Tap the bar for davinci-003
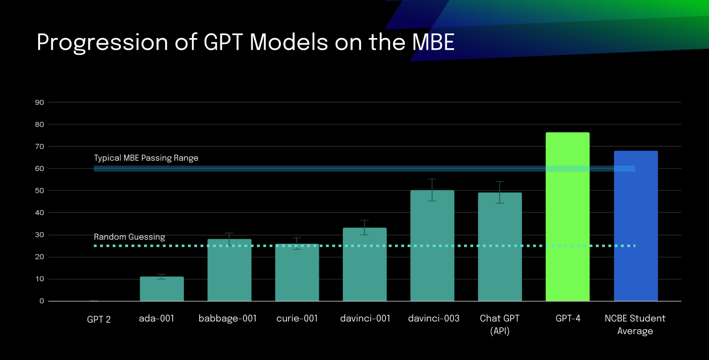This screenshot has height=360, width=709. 432,246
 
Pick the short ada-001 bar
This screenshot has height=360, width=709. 162,289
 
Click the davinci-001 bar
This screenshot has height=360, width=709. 365,265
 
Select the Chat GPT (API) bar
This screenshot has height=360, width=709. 500,247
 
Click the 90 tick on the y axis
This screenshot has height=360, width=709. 39,103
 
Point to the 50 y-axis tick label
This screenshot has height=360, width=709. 39,191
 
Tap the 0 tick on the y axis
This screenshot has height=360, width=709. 42,301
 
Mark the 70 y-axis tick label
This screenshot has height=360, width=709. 39,147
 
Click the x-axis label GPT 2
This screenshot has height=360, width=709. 99,319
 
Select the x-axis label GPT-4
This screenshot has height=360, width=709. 568,318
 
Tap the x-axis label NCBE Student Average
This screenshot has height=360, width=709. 635,324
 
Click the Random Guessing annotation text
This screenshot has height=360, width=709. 130,237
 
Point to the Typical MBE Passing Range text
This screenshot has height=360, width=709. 146,158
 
